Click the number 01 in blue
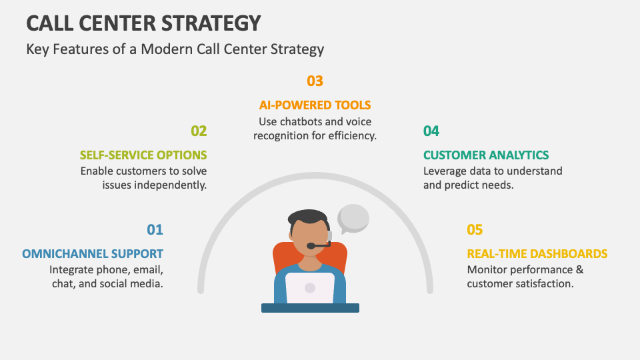pos(155,230)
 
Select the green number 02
pos(199,131)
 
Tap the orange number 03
pos(315,81)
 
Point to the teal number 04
pos(431,131)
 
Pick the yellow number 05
pos(474,230)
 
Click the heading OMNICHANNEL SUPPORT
pos(93,254)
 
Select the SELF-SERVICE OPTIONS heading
pos(143,155)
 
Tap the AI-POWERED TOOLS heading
pos(315,105)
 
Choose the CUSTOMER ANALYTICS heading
pos(486,155)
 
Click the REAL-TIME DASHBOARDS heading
pos(537,254)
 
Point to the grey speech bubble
pos(353,217)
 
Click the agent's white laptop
pos(310,287)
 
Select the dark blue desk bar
pos(310,308)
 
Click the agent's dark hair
pos(309,217)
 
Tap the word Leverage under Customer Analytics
pos(445,171)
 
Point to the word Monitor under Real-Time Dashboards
pos(489,270)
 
